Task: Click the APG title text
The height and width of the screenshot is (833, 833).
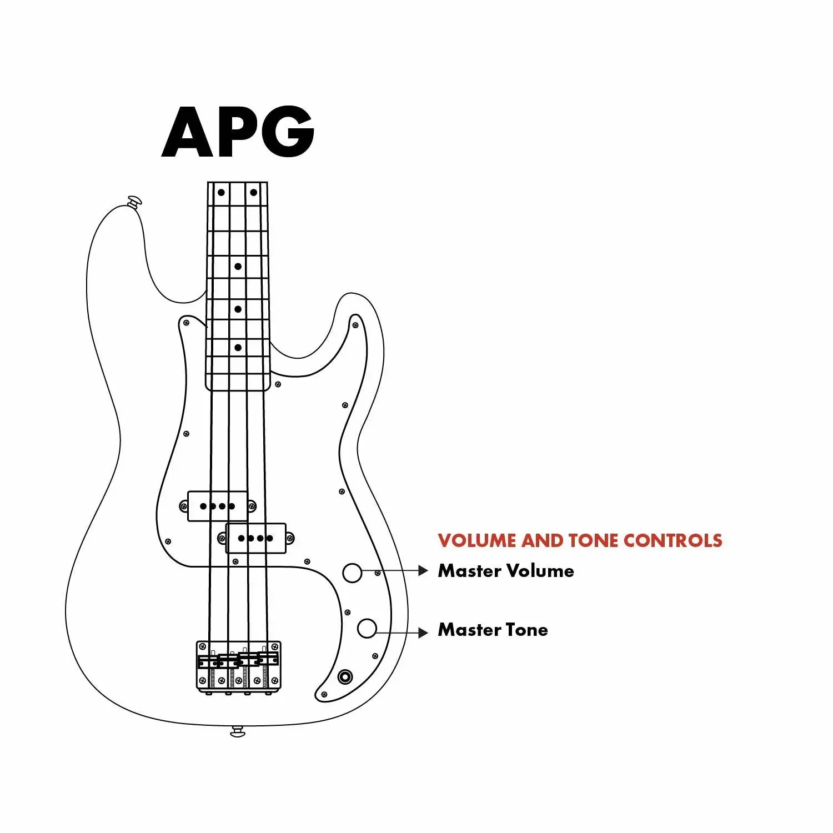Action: click(238, 132)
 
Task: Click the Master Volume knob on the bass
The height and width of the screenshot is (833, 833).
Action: click(352, 573)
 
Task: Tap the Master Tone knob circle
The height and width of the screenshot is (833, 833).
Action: click(367, 628)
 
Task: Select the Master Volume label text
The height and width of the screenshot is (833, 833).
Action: click(505, 571)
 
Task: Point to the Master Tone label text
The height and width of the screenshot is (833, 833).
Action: click(493, 630)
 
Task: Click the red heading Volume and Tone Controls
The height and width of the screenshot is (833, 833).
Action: click(579, 540)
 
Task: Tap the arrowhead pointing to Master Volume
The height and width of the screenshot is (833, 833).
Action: click(423, 570)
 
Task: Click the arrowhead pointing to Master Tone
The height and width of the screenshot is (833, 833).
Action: click(423, 633)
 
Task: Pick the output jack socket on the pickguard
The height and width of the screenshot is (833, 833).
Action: click(345, 677)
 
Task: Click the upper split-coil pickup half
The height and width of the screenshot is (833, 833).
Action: click(218, 506)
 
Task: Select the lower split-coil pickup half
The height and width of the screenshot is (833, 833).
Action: click(256, 538)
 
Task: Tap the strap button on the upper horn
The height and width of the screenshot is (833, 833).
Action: click(134, 201)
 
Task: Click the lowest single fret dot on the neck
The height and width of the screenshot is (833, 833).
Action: click(238, 348)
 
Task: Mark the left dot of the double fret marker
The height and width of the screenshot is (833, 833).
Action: click(221, 193)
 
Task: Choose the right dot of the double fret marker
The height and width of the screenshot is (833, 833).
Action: click(254, 193)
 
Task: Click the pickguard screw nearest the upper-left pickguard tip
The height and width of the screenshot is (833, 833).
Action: click(187, 323)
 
